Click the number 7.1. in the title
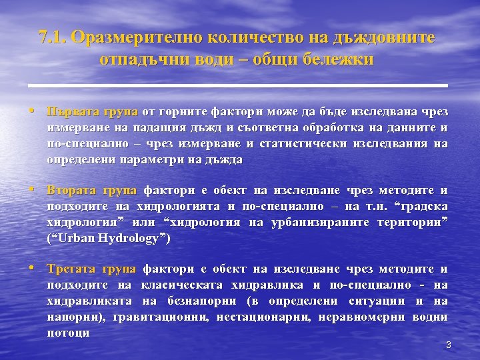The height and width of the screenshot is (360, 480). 55,37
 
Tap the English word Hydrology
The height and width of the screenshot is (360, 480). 132,239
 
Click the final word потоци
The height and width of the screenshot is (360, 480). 69,333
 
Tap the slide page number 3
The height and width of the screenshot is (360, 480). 449,345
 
